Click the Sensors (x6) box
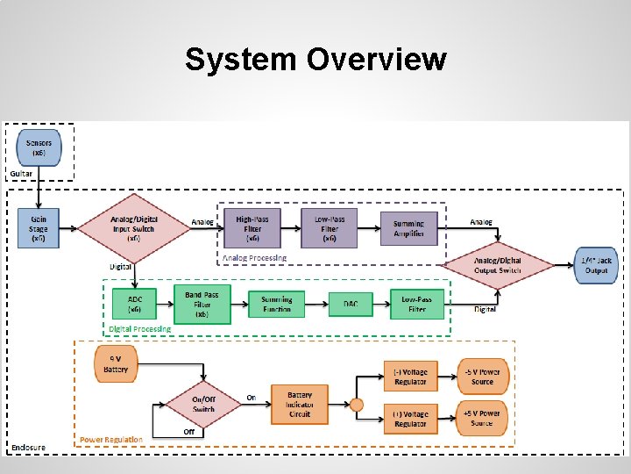39,148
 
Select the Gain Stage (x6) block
39,227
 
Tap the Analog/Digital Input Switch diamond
133,228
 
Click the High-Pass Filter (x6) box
252,228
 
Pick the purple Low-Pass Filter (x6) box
330,228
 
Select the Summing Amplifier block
408,228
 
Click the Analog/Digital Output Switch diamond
498,264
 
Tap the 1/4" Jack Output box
597,264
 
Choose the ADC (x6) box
135,304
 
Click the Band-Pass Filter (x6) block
202,304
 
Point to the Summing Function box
277,305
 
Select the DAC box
351,305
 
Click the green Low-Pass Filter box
417,304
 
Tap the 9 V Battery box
116,364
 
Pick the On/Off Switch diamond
203,404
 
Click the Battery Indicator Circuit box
300,405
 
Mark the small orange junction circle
356,405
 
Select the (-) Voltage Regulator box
410,377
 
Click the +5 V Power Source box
482,418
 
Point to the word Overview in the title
376,60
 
